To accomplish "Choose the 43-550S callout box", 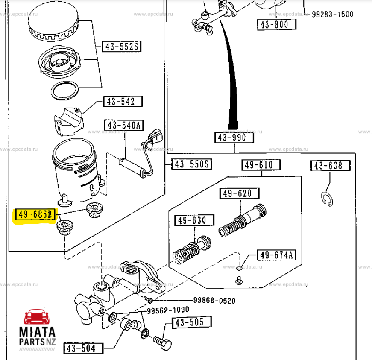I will (192, 164).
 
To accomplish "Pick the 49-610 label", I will (261, 165).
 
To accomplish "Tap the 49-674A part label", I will (276, 256).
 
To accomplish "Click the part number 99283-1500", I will (332, 14).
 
